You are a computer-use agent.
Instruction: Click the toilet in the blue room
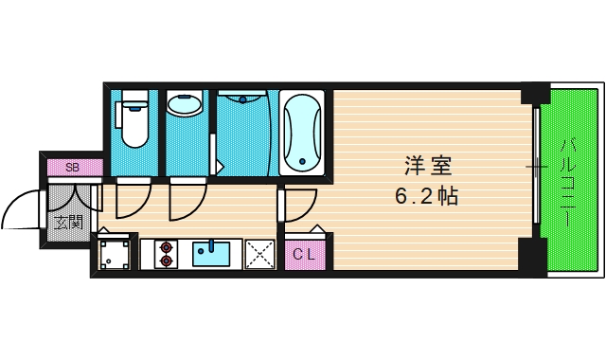coord(133,120)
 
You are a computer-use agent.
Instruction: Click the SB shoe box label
coord(70,168)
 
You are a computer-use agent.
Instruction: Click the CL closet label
coord(304,253)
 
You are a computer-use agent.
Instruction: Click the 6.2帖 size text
coord(428,198)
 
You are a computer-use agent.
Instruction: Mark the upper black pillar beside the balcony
coord(535,96)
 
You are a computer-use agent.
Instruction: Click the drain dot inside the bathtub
coord(301,158)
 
